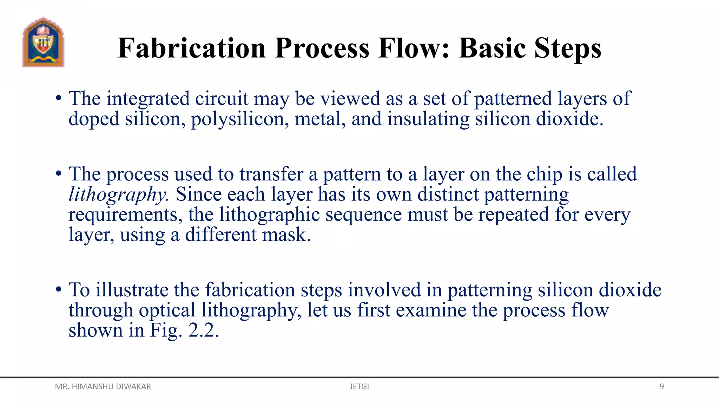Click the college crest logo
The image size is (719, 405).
43,42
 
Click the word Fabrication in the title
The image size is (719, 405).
191,48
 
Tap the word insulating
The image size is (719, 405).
428,119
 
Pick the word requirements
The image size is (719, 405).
125,215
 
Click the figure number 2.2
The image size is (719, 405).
203,330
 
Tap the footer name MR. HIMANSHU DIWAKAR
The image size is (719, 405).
103,387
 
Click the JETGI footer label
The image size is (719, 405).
359,387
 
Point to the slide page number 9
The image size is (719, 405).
661,387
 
